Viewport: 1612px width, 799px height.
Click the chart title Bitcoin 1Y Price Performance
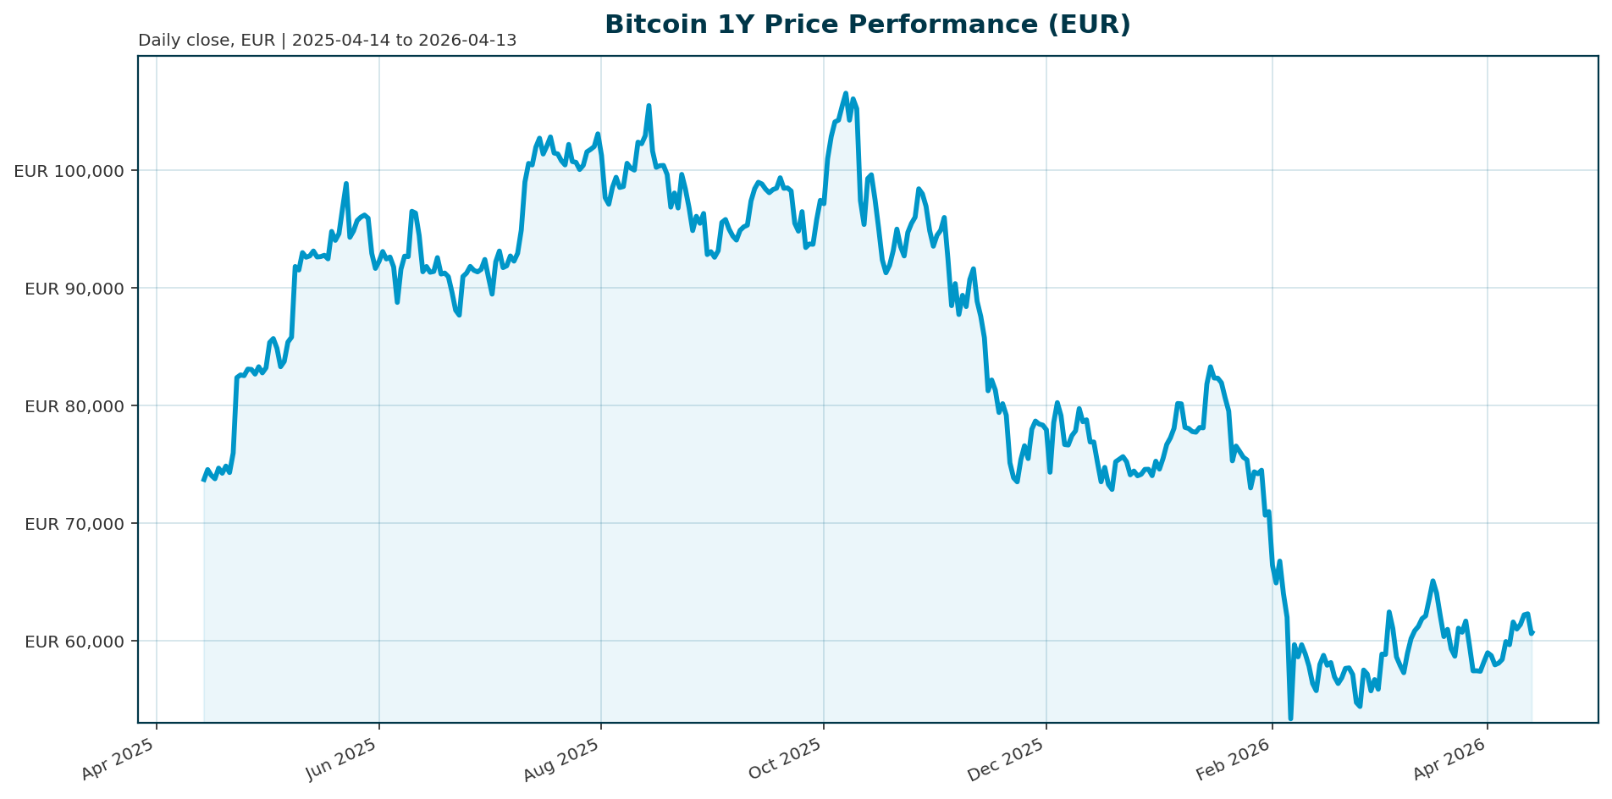coord(867,25)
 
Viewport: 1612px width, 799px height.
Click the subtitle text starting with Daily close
coord(327,41)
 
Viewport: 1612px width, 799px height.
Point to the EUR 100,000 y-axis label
coord(69,171)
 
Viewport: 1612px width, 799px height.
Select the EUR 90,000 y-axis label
coord(75,289)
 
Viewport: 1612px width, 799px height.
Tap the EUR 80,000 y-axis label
coord(75,406)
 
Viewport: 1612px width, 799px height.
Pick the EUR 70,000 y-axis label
coord(75,524)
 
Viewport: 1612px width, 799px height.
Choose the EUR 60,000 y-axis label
coord(75,642)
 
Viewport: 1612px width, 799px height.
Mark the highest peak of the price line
coord(845,94)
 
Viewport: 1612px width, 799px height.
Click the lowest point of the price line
coord(1290,719)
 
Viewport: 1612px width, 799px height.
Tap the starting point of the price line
coord(203,480)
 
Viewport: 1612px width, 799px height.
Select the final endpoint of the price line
coord(1532,632)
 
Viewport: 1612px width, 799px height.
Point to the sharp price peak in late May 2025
coord(345,184)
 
